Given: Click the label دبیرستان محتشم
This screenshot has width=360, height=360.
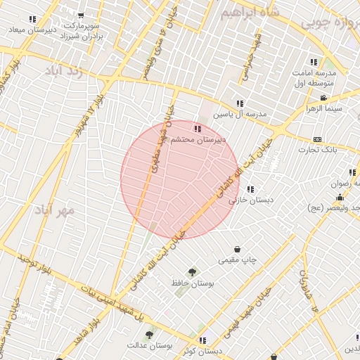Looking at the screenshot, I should (198, 140).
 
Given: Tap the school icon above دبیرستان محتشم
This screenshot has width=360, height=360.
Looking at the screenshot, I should (197, 129).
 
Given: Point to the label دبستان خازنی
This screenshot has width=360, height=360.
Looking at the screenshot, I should (255, 200).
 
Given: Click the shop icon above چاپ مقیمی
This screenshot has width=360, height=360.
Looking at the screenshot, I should (238, 249).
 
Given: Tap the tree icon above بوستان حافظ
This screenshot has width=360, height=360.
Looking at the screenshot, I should (191, 271).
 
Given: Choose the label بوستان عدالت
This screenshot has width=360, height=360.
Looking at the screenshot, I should (150, 345).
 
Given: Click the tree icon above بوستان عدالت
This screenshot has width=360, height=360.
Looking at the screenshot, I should (148, 335).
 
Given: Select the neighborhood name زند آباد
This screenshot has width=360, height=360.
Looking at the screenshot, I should (64, 71).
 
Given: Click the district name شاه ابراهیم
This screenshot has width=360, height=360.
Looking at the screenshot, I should (250, 13).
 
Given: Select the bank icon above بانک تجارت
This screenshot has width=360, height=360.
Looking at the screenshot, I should (317, 139).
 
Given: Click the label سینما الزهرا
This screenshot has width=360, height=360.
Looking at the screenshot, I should (323, 108).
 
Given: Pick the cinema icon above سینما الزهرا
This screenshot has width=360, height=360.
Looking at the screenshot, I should (323, 98).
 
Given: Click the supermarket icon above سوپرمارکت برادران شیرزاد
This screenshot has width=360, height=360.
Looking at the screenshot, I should (81, 15).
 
